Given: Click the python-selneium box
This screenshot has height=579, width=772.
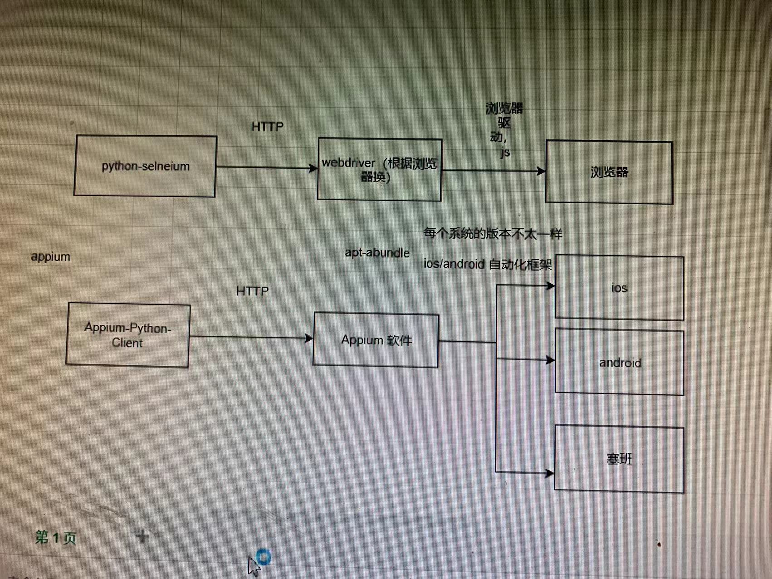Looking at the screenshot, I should click(x=145, y=166).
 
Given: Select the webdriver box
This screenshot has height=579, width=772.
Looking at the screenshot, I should click(x=380, y=169).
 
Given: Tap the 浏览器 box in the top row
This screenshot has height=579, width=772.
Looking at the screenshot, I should click(x=609, y=172).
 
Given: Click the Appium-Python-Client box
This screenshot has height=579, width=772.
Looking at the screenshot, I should click(x=127, y=335).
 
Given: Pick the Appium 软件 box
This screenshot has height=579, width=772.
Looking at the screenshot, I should click(x=376, y=340).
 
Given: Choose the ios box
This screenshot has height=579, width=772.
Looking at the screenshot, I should click(x=619, y=288).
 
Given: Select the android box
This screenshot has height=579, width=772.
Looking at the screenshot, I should click(x=620, y=363).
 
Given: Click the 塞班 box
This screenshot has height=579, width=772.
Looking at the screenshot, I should click(x=619, y=459).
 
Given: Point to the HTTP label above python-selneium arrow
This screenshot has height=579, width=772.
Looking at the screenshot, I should click(x=267, y=127).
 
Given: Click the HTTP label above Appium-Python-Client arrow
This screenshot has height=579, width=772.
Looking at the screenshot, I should click(x=252, y=291).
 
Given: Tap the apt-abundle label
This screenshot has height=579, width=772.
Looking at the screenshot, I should click(x=377, y=253).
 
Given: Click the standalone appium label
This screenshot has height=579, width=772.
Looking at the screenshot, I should click(x=50, y=257).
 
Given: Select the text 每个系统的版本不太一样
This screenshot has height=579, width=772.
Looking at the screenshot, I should click(x=493, y=234).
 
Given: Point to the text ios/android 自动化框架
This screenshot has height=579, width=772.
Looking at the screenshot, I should click(x=487, y=264).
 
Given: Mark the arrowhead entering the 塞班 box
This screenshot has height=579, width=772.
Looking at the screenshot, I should click(x=550, y=473).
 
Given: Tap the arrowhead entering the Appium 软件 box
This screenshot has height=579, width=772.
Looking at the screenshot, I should click(x=309, y=338).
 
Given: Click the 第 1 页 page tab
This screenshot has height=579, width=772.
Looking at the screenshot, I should click(x=55, y=538).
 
